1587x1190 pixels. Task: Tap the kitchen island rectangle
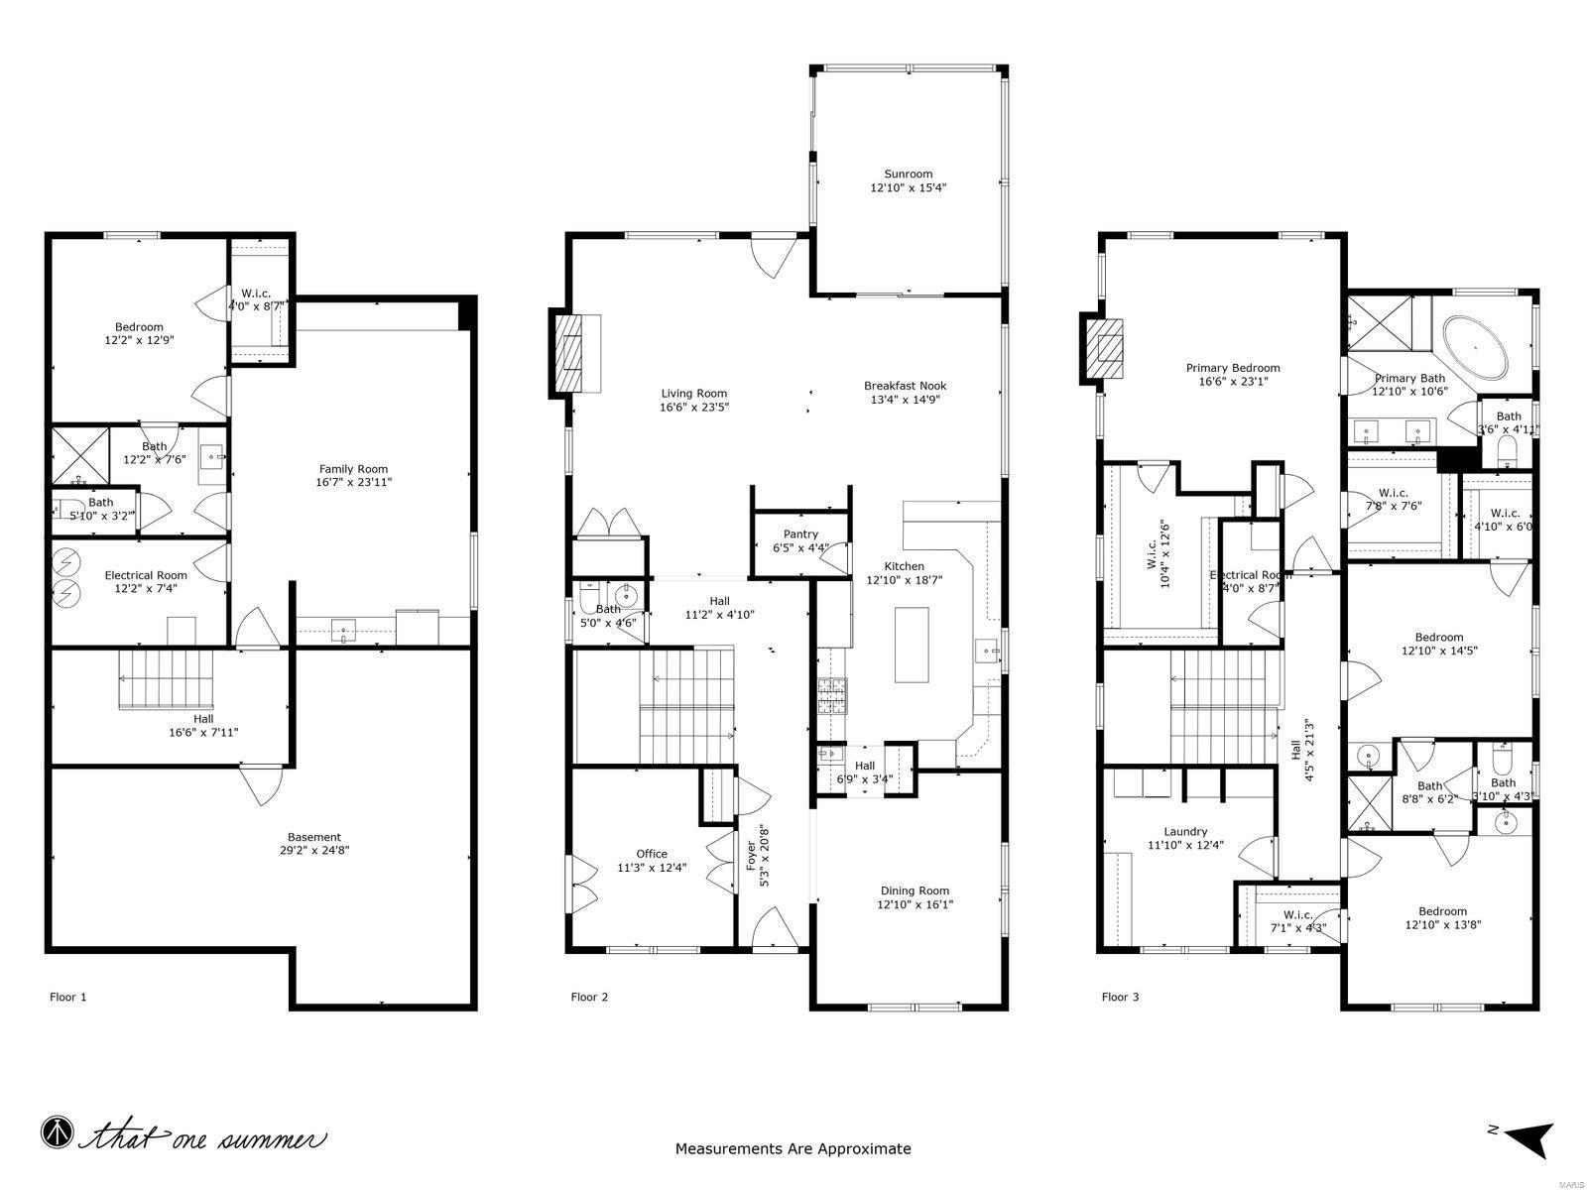tap(912, 645)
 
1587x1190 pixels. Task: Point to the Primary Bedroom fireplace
tap(1106, 350)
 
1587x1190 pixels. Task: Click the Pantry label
tap(800, 535)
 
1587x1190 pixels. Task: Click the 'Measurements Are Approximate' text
tap(793, 1149)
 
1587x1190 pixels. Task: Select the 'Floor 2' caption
tap(589, 997)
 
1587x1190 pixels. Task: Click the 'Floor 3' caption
tap(1120, 997)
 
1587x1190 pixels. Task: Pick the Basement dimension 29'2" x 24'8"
tap(314, 850)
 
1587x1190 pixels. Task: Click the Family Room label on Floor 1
tap(353, 469)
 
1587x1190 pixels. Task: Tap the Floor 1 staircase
tap(167, 679)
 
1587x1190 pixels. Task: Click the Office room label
tap(652, 854)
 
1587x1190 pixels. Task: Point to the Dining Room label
tap(914, 891)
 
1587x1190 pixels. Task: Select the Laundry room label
tap(1185, 832)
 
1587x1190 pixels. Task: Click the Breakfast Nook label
tap(905, 386)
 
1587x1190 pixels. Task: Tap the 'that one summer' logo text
tap(203, 1136)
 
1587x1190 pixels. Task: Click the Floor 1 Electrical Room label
tap(146, 575)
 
